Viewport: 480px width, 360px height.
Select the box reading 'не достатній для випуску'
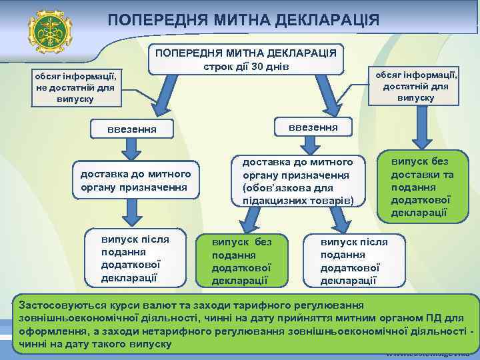coord(76,88)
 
